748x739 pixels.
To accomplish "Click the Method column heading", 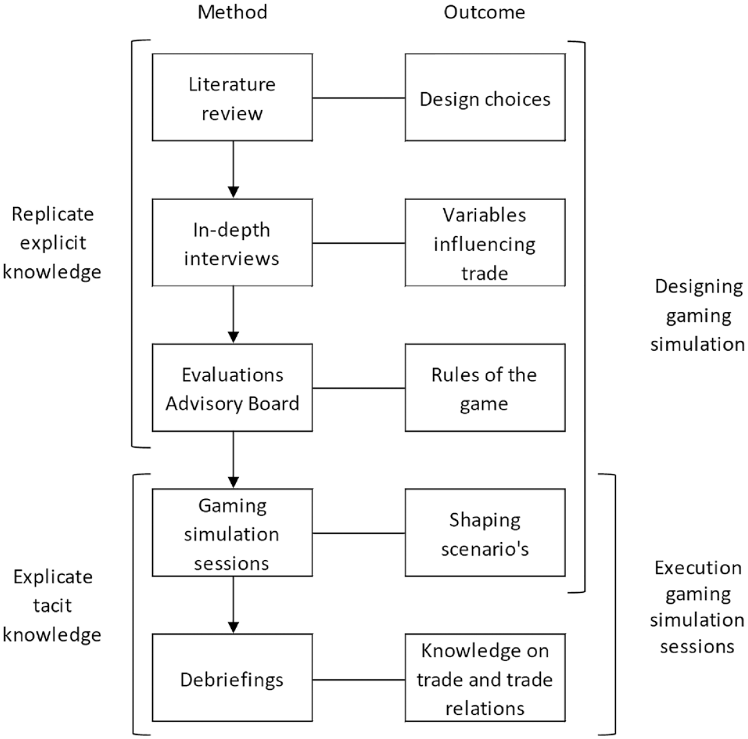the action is coord(232,13).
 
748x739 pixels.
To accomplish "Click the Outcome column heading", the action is coord(484,13).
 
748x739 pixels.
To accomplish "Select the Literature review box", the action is coord(232,97).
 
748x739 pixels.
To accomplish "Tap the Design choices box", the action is coord(485,97).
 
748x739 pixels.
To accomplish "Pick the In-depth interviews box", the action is coord(232,243).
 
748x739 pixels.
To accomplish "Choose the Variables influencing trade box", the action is coord(485,243).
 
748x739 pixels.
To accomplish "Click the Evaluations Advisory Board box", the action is coord(232,387).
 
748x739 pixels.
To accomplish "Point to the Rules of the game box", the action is coord(485,387).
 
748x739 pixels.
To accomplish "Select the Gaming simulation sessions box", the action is coord(232,533).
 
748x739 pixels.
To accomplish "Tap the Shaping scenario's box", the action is coord(485,533).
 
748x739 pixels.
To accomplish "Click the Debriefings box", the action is coord(232,678).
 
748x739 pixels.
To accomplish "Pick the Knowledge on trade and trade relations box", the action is coord(485,678).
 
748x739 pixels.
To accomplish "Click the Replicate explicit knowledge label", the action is coord(52,243).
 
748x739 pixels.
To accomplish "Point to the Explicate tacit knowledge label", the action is coord(52,605).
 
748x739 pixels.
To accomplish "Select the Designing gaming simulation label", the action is coord(698,316).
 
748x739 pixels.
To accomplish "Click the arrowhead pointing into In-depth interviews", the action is coord(234,192).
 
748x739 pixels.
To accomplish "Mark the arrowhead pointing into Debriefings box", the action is coord(234,628).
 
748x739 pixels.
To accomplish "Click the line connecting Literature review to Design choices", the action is coord(359,98).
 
